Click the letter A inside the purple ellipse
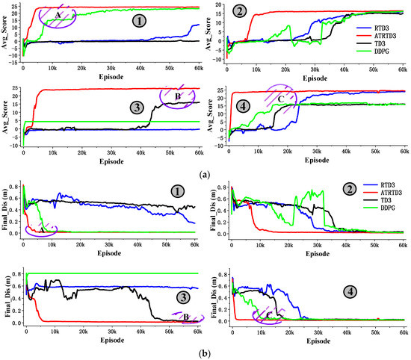[58, 14]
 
